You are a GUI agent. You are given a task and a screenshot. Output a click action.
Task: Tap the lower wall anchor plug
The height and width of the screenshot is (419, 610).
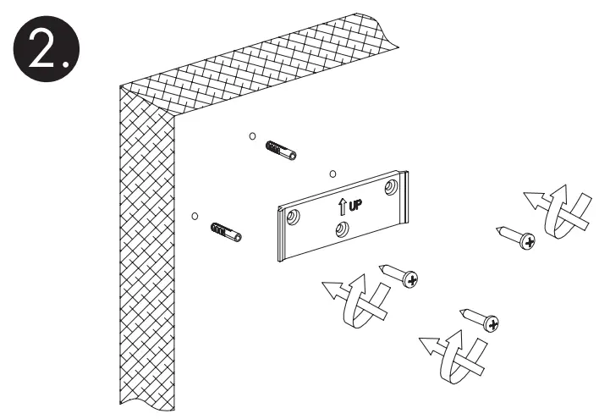point(223,230)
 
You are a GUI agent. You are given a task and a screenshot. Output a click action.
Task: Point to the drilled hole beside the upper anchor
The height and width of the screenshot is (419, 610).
point(252,135)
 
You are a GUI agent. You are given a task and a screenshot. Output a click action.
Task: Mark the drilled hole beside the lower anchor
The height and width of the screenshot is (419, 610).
point(195,216)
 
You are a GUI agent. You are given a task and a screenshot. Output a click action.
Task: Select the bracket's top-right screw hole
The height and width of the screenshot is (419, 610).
point(391,185)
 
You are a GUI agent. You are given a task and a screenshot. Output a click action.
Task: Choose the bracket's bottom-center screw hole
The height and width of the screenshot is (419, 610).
point(342,229)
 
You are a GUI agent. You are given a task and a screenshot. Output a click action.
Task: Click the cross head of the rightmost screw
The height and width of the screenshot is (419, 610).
point(529,242)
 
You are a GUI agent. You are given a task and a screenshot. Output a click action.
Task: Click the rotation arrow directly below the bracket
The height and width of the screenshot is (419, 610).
point(354,299)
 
